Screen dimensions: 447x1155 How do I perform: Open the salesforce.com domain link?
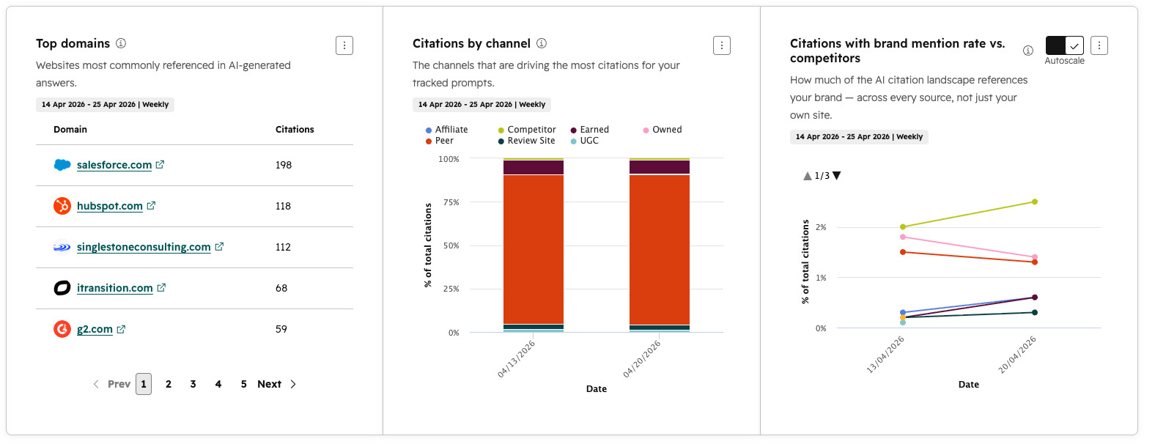pyautogui.click(x=114, y=165)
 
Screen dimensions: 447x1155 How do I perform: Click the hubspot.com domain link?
pyautogui.click(x=110, y=206)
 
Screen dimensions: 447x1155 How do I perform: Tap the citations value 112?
pyautogui.click(x=283, y=247)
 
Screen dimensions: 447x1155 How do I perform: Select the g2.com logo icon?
pyautogui.click(x=62, y=329)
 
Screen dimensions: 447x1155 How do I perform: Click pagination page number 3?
pyautogui.click(x=193, y=384)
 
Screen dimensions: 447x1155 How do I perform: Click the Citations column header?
pyautogui.click(x=295, y=130)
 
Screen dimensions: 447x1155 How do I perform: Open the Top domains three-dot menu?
pyautogui.click(x=344, y=45)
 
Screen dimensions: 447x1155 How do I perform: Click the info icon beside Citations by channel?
pyautogui.click(x=542, y=43)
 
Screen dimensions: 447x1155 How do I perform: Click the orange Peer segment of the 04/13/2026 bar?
pyautogui.click(x=534, y=249)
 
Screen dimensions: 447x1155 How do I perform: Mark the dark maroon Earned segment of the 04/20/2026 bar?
pyautogui.click(x=660, y=167)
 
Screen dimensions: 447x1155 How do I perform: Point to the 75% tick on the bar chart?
pyautogui.click(x=451, y=202)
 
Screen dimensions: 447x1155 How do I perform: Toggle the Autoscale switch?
pyautogui.click(x=1065, y=45)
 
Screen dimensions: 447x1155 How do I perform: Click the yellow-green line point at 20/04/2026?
pyautogui.click(x=1035, y=202)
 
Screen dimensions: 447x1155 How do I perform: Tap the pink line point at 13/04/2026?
pyautogui.click(x=903, y=237)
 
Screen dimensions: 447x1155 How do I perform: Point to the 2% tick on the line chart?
pyautogui.click(x=821, y=227)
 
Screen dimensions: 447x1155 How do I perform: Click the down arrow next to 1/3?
pyautogui.click(x=837, y=176)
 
